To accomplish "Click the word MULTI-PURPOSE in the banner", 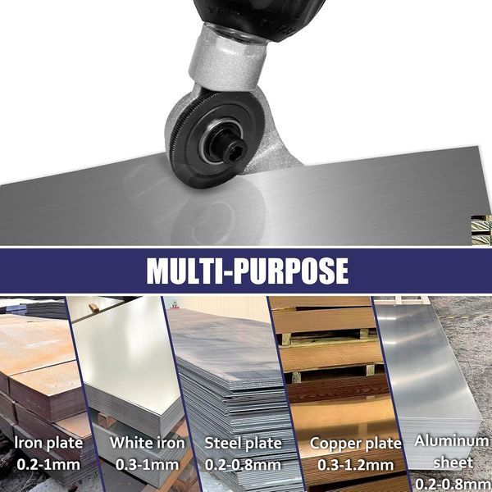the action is pyautogui.click(x=248, y=271).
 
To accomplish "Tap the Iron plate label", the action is pyautogui.click(x=49, y=443).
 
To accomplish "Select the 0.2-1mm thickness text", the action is pyautogui.click(x=48, y=464).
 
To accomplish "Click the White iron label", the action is pyautogui.click(x=148, y=443).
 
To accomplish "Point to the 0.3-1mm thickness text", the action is pyautogui.click(x=147, y=464).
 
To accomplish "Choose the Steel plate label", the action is pyautogui.click(x=244, y=443).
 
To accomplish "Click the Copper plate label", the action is pyautogui.click(x=356, y=444).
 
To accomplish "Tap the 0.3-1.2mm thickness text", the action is pyautogui.click(x=356, y=465).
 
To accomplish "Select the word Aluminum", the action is pyautogui.click(x=452, y=441).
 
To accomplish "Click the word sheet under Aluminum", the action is pyautogui.click(x=453, y=462).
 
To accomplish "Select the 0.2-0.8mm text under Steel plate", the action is pyautogui.click(x=244, y=465).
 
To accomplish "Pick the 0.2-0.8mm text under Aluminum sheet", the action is pyautogui.click(x=453, y=485).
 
